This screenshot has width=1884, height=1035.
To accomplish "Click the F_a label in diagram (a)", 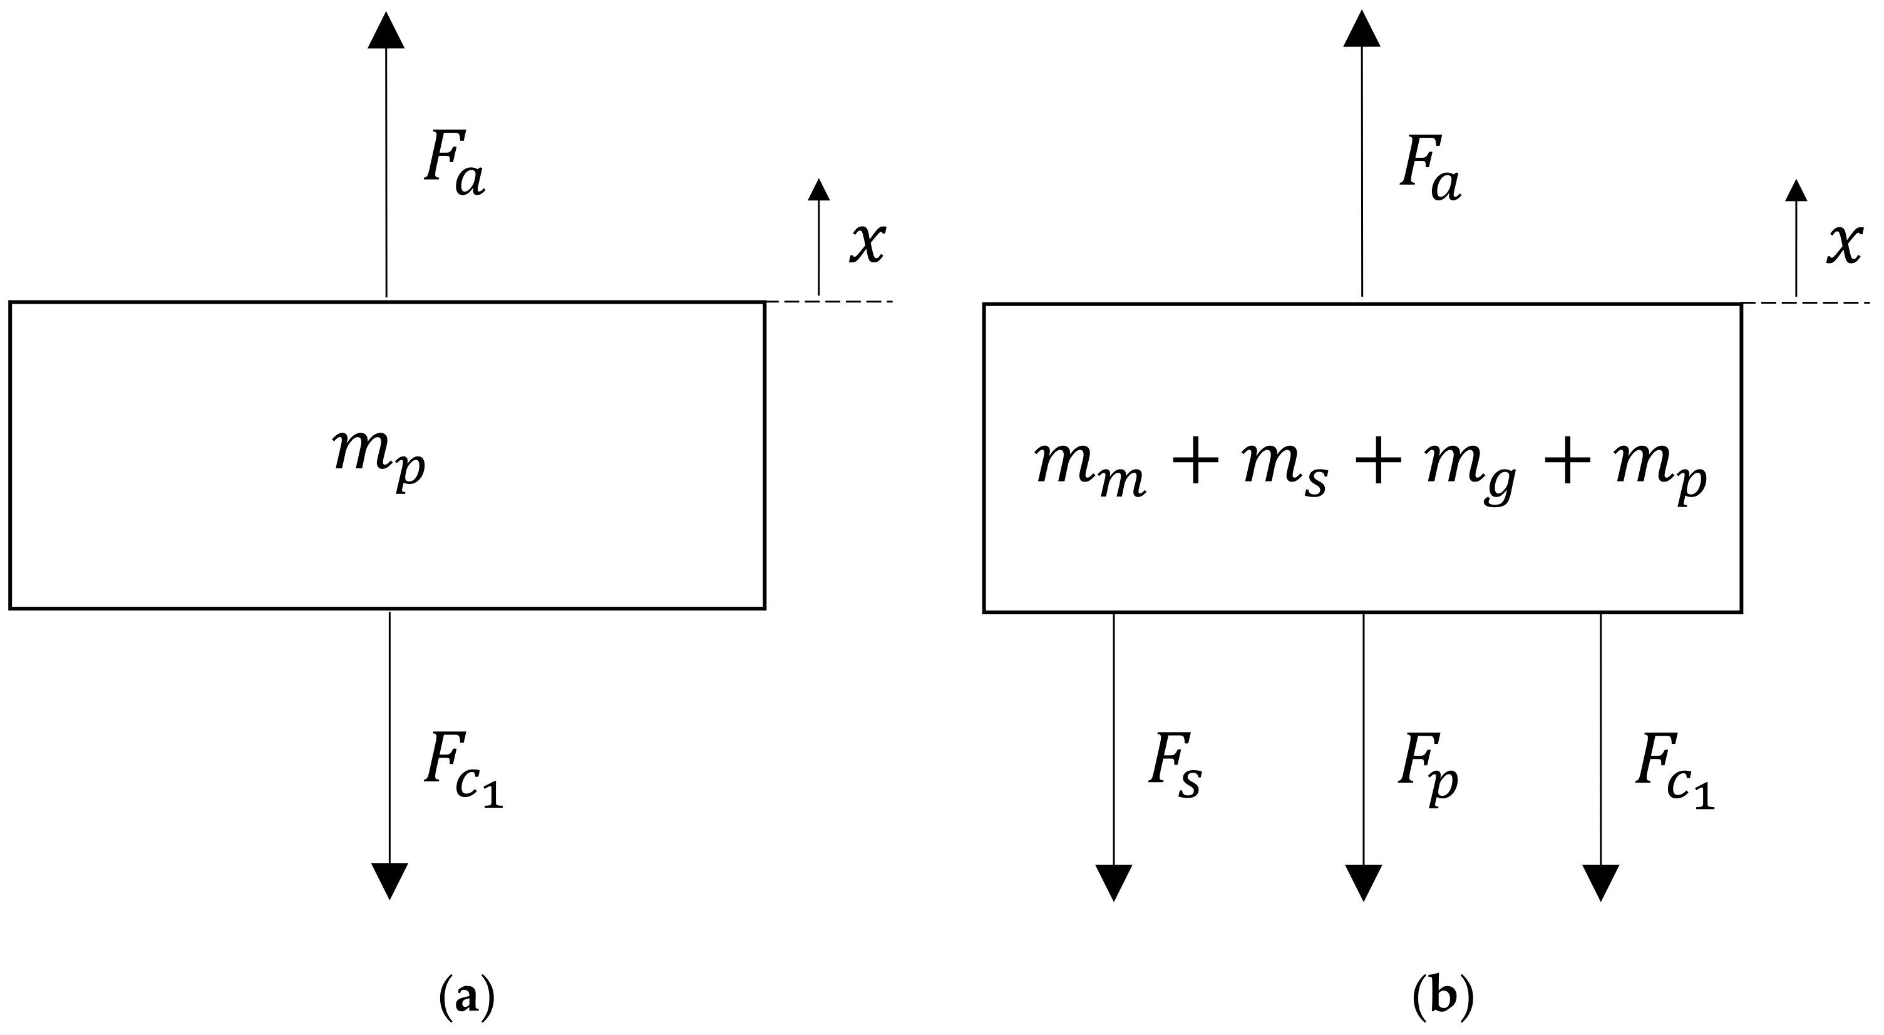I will [x=454, y=165].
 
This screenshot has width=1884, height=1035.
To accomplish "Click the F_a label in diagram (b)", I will [x=1430, y=169].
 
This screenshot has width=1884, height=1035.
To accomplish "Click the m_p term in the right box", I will [x=1659, y=471].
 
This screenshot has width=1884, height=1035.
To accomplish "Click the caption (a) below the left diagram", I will [x=466, y=999].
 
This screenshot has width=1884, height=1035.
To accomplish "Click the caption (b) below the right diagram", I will [x=1442, y=999].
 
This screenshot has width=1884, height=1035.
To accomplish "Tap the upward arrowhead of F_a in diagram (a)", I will [x=386, y=31].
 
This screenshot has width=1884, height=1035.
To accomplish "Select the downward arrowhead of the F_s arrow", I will [x=1114, y=882].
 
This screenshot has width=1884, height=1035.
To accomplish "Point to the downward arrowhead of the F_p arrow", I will [x=1363, y=882].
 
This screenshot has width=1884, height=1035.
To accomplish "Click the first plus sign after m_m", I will [x=1193, y=465].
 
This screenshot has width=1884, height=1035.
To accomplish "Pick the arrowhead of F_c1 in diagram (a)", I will [x=390, y=880].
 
